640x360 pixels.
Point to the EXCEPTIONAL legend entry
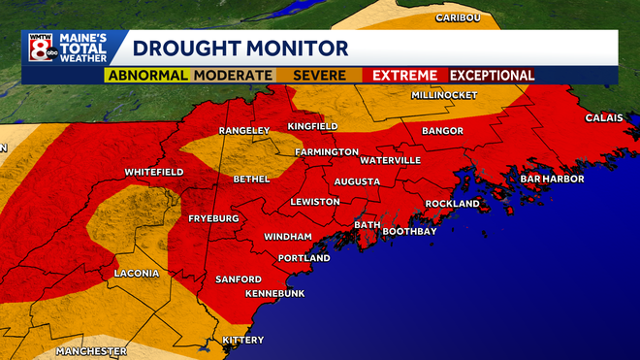(492, 75)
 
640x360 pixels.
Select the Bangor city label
(442, 130)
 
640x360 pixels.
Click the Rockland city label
(453, 203)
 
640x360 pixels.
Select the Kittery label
(242, 341)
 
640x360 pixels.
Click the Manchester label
(91, 350)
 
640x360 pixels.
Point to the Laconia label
(136, 273)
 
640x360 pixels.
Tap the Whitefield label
(154, 172)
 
